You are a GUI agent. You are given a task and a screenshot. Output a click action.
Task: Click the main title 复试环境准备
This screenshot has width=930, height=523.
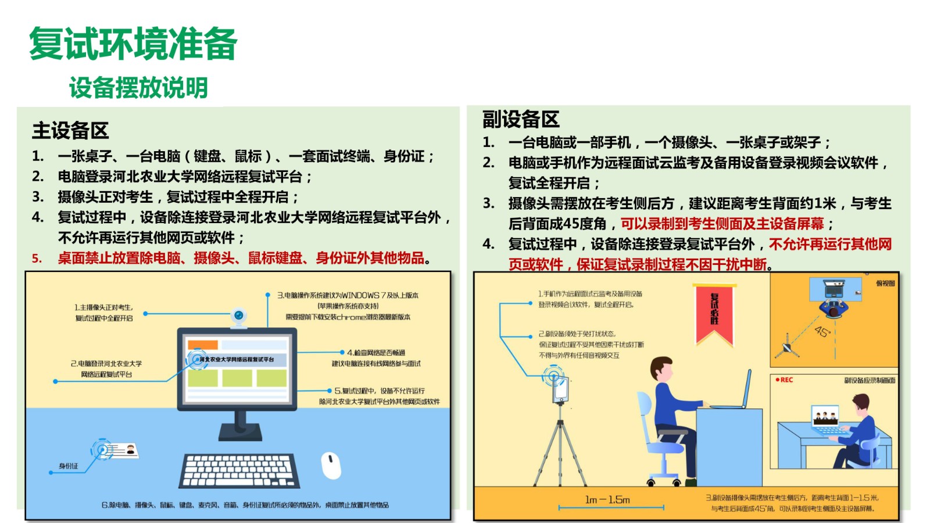(133, 44)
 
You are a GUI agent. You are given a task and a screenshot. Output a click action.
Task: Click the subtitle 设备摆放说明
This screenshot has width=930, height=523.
(138, 88)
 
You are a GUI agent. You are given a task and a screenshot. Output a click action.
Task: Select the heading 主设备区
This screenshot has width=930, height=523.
(70, 131)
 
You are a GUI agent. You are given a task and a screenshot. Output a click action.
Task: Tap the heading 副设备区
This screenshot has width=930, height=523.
(521, 120)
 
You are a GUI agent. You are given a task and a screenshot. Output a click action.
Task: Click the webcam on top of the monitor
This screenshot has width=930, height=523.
(239, 317)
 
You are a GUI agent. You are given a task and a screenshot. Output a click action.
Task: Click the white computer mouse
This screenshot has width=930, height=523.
(331, 465)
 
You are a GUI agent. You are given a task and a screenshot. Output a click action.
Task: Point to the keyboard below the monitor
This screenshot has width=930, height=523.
(239, 471)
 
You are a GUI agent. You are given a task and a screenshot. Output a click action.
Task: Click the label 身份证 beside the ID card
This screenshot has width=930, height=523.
(69, 465)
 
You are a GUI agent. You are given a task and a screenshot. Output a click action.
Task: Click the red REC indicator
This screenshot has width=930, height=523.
(784, 380)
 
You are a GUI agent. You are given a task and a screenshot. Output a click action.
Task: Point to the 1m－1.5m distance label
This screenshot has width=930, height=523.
(607, 500)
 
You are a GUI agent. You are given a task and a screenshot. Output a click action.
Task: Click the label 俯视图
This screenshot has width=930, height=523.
(885, 284)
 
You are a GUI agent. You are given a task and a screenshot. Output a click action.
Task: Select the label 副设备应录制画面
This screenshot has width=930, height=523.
(870, 380)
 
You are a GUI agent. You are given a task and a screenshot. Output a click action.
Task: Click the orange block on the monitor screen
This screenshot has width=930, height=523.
(203, 345)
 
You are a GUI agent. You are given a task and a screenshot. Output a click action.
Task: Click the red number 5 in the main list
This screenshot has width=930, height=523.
(37, 259)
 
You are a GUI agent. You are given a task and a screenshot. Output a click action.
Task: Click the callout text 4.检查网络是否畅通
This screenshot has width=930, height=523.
(375, 353)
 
